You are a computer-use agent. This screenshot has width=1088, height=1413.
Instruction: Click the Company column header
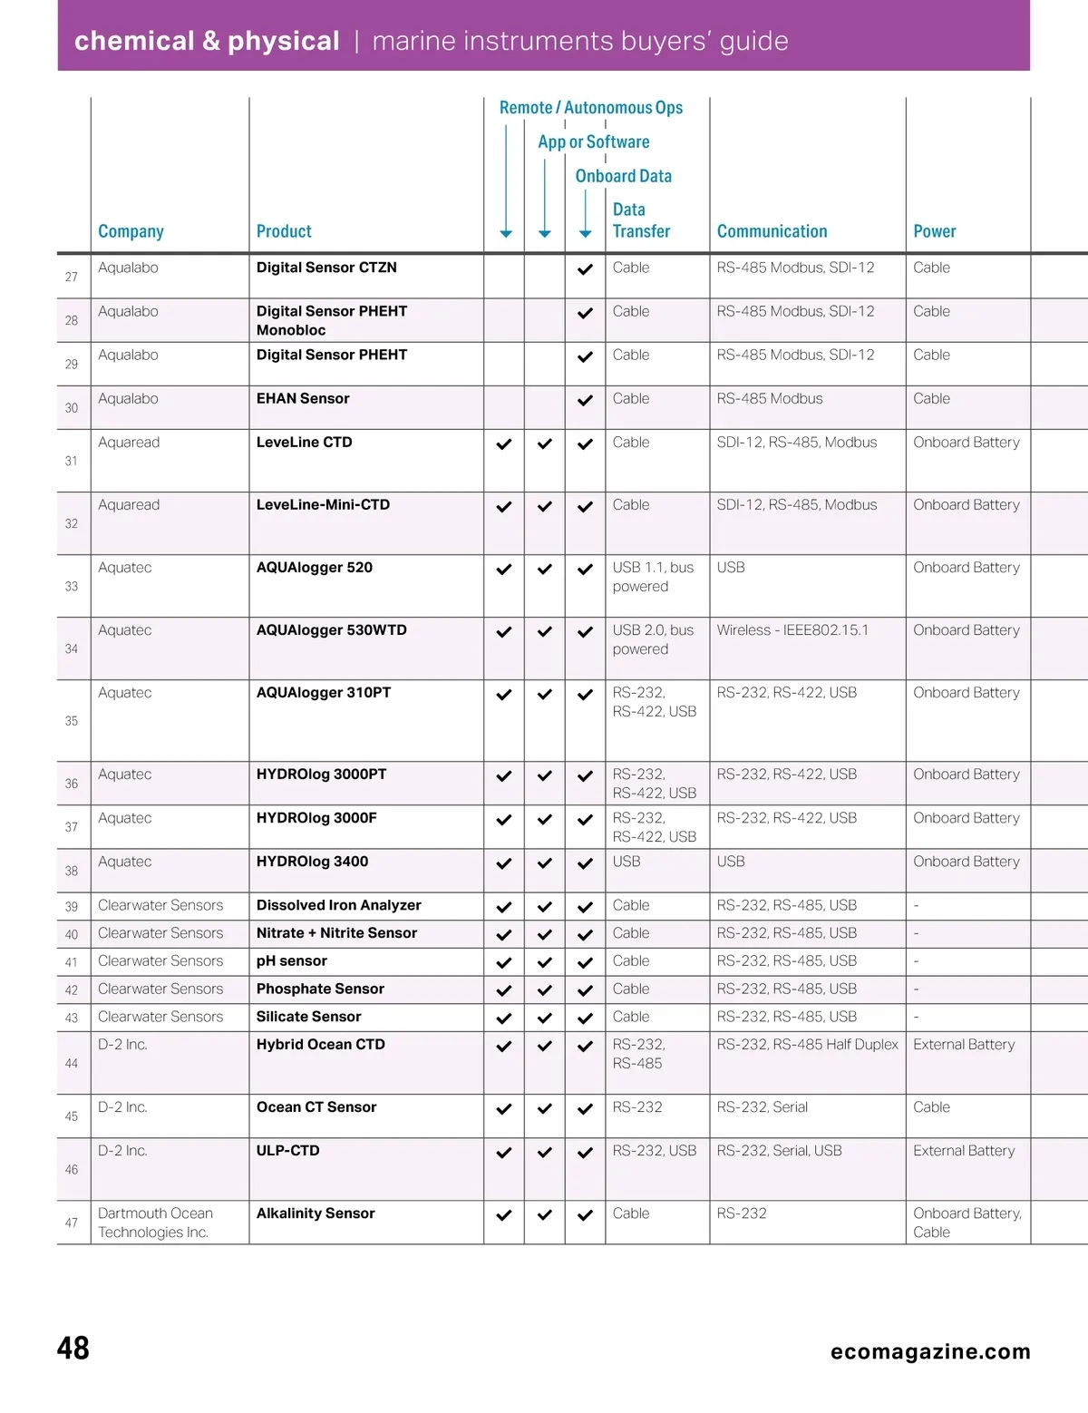coord(131,231)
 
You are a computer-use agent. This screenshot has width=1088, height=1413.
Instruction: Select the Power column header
coord(934,231)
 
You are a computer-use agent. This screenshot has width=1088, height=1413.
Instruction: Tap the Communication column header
coord(772,231)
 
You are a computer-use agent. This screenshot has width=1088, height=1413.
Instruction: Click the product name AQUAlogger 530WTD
coord(331,630)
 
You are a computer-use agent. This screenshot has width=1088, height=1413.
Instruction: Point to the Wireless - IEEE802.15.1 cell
coord(792,630)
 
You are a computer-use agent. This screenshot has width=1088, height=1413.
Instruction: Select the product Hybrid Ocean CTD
coord(320,1045)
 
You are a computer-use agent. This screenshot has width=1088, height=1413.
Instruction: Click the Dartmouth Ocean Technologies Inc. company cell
coord(154,1223)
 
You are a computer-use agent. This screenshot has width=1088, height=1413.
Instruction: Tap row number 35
coord(72,721)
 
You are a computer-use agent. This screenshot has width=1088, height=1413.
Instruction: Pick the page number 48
coord(73,1349)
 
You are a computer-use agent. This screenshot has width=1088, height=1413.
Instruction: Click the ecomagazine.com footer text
coord(930,1352)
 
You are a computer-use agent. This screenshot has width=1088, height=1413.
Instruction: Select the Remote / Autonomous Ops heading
coord(590,108)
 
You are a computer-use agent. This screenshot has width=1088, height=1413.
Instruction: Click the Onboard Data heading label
coord(623,176)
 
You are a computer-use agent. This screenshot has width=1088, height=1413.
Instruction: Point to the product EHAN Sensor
coord(303,399)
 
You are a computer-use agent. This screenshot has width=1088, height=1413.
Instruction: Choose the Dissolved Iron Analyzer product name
coord(338,905)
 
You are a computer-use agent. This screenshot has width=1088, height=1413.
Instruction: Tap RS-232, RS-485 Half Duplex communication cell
coord(807,1045)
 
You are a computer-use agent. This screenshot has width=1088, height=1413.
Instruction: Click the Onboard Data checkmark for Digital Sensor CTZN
coord(585,269)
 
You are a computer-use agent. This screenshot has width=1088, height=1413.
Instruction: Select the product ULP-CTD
coord(287,1151)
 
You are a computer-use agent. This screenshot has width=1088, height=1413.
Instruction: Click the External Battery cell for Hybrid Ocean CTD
coord(963,1045)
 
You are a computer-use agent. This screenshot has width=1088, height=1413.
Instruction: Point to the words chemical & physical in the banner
coord(207,41)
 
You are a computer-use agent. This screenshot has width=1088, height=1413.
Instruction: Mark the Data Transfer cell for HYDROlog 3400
coord(627,862)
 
